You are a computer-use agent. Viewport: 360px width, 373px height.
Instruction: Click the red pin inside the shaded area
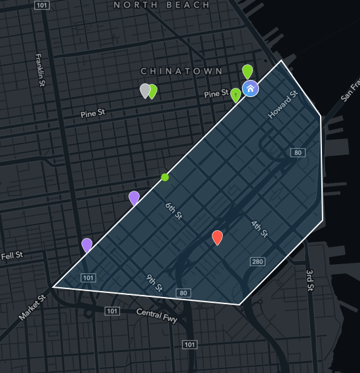(x=217, y=237)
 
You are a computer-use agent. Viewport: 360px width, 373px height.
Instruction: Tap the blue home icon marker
(x=250, y=88)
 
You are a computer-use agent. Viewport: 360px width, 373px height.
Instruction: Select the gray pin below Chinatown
(x=145, y=90)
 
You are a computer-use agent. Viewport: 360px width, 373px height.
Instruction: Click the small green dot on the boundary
(x=165, y=177)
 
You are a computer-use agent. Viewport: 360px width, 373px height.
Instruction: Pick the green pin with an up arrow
(x=236, y=95)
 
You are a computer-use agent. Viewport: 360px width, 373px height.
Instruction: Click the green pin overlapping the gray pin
(x=153, y=91)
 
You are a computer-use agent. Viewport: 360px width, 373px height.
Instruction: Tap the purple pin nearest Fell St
(x=87, y=245)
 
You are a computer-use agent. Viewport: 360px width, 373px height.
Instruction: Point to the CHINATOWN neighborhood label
(x=182, y=71)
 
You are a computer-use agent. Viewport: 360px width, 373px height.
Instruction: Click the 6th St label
(x=173, y=211)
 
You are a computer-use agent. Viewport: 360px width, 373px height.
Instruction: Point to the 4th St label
(x=260, y=229)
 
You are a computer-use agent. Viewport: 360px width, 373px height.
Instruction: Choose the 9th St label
(x=154, y=282)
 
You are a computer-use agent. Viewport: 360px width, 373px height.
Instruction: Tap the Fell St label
(x=12, y=255)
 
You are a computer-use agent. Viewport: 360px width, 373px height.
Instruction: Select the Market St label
(x=32, y=307)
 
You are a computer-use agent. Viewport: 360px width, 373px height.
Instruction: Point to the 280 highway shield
(x=256, y=262)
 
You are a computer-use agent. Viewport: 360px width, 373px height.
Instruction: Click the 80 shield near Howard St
(x=298, y=153)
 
